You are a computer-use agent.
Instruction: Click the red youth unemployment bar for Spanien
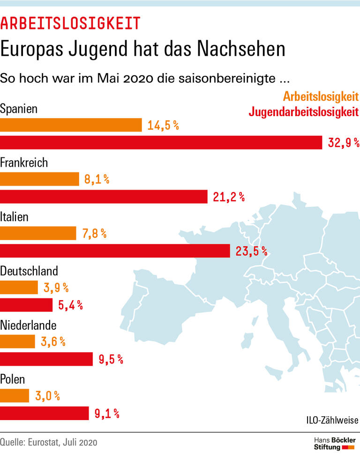(x=161, y=142)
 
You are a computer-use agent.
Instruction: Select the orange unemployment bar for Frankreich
(x=39, y=179)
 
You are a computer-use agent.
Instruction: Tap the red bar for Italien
(x=115, y=251)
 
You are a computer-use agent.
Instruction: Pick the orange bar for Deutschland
(x=19, y=288)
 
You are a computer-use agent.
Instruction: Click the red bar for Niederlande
(x=46, y=359)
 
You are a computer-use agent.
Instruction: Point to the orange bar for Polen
(x=15, y=396)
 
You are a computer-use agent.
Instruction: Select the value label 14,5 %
(x=163, y=126)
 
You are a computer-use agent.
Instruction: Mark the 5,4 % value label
(x=70, y=305)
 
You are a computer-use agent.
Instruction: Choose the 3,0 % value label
(x=47, y=396)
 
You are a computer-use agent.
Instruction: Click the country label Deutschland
(x=29, y=271)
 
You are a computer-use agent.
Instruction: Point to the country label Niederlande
(x=29, y=325)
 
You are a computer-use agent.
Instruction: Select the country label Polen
(x=13, y=379)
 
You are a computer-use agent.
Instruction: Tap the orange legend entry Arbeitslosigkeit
(x=321, y=97)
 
